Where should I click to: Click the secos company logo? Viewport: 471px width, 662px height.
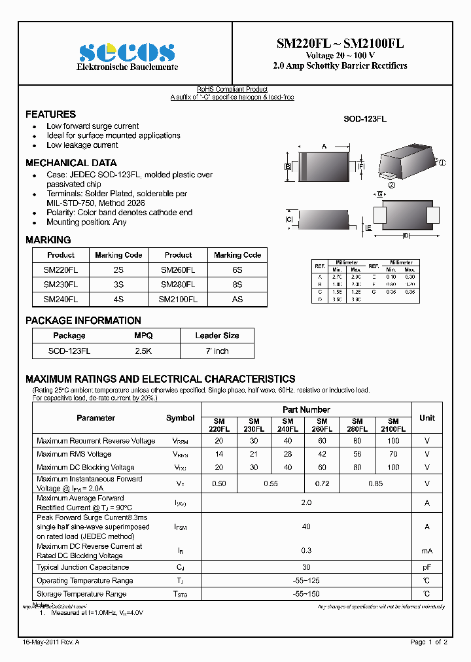[x=126, y=52]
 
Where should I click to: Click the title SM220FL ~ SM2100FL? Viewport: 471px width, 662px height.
[x=340, y=44]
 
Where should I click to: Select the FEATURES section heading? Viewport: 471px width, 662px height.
[x=50, y=114]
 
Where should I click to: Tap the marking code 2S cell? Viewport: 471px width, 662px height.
[x=118, y=270]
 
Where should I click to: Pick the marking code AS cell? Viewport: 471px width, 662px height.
[x=237, y=299]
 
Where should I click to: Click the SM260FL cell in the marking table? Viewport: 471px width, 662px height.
[x=178, y=270]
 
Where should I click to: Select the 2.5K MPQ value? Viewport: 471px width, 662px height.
[x=143, y=351]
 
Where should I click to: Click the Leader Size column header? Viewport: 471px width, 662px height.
[x=217, y=336]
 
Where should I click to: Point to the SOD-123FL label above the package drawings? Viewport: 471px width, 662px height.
[x=365, y=119]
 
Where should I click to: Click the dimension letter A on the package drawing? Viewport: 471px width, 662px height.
[x=324, y=147]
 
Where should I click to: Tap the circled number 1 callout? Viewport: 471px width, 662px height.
[x=442, y=163]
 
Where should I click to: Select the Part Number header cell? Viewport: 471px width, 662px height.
[x=306, y=409]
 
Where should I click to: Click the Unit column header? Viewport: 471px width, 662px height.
[x=427, y=417]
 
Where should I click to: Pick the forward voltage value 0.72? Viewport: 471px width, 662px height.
[x=322, y=483]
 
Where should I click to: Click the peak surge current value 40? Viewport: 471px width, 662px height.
[x=306, y=527]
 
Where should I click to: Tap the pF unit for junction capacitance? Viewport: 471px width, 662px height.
[x=427, y=567]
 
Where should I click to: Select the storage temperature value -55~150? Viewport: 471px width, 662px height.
[x=306, y=594]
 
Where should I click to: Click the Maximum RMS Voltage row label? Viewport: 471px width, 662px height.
[x=74, y=454]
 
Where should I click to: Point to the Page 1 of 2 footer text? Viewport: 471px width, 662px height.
[x=428, y=642]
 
